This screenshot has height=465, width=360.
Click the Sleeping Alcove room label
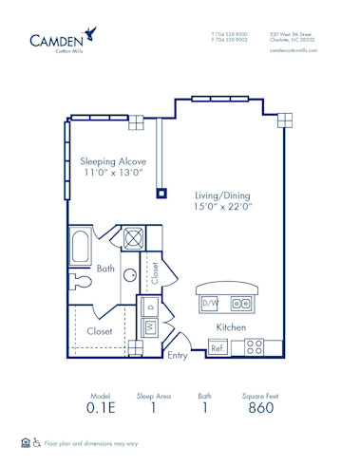tap(111, 161)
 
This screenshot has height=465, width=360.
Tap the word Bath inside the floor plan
tap(106, 270)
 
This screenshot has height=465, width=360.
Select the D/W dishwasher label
tap(210, 303)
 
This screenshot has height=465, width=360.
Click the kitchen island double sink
tap(241, 304)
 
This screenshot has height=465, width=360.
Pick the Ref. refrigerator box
tap(218, 347)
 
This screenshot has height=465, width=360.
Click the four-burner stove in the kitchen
tap(255, 347)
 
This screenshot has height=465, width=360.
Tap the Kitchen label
tap(231, 327)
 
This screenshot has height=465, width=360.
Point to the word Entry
tap(178, 357)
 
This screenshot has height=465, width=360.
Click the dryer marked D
tap(150, 307)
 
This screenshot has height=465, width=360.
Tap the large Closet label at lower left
tap(100, 332)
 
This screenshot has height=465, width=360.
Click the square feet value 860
tap(260, 408)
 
